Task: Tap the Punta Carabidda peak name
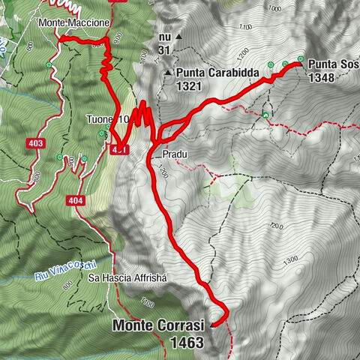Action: click(x=218, y=73)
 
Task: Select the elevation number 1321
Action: click(x=190, y=87)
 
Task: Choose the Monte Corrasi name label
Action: click(x=159, y=326)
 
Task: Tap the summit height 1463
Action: click(x=187, y=342)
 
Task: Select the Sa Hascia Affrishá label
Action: click(x=131, y=277)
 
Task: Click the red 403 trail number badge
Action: click(x=34, y=143)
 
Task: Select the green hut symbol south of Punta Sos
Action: click(x=265, y=115)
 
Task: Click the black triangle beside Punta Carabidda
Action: click(x=167, y=73)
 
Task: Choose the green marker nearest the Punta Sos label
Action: click(x=301, y=60)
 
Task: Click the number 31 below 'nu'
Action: click(x=165, y=50)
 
